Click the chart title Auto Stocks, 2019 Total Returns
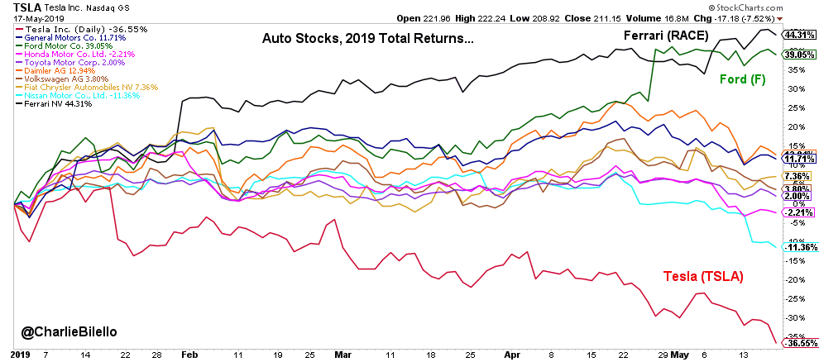pyautogui.click(x=367, y=37)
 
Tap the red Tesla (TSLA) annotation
pyautogui.click(x=702, y=276)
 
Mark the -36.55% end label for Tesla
pyautogui.click(x=797, y=343)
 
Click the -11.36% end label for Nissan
pyautogui.click(x=797, y=247)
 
